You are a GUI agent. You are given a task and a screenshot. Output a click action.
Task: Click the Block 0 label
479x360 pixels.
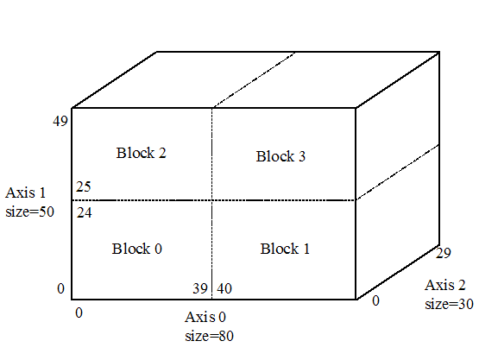(137, 249)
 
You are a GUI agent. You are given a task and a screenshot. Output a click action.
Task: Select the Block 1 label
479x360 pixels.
(285, 249)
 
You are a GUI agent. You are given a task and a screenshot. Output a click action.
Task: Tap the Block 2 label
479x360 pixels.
(142, 153)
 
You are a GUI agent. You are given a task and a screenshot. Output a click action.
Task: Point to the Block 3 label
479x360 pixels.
(280, 156)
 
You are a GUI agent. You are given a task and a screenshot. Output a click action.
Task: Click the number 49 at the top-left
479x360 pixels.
(60, 122)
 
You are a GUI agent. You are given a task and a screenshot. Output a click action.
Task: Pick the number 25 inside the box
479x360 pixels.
(84, 186)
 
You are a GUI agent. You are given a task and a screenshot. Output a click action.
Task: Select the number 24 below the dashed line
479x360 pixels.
(84, 212)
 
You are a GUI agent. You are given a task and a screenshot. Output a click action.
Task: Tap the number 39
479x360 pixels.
(200, 288)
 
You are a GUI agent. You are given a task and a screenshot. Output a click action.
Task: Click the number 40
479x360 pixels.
(224, 288)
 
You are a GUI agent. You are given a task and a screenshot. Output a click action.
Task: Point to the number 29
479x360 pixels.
(444, 253)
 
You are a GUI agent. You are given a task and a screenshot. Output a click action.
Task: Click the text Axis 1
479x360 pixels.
(25, 193)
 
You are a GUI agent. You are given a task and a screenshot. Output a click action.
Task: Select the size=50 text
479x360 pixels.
(29, 212)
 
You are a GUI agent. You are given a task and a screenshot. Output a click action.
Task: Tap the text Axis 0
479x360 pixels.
(205, 317)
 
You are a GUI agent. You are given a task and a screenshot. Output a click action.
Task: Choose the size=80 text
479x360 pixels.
(209, 336)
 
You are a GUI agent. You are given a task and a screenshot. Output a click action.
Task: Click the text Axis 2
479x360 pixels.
(444, 285)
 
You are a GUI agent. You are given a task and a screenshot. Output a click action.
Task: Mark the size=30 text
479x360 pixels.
(449, 304)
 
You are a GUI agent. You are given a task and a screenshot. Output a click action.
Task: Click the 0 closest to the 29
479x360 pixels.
(375, 301)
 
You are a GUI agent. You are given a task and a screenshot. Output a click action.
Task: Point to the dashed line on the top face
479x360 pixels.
(254, 79)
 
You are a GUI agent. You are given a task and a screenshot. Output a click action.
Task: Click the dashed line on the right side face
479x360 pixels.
(397, 172)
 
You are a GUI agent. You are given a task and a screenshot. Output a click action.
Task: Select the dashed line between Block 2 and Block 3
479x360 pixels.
(212, 154)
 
